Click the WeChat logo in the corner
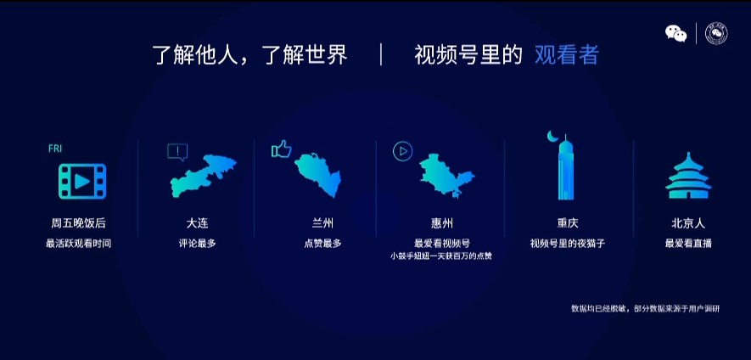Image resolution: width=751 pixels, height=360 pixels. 675,33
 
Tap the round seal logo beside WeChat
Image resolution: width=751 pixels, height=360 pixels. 716,33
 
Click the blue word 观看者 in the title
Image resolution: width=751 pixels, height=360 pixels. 566,55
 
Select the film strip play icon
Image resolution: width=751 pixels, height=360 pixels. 82,181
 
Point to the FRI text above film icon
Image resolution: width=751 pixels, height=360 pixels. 55,149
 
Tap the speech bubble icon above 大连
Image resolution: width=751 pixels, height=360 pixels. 177,152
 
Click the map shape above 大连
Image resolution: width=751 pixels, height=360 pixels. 203,177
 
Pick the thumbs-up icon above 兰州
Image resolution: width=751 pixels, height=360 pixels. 281,149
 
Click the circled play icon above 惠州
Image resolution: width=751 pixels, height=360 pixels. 402,151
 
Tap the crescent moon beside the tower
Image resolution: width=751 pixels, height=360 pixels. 553,137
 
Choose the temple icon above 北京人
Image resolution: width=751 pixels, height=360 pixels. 688,177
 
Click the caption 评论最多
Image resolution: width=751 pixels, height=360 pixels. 198,243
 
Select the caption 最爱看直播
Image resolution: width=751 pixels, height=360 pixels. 688,243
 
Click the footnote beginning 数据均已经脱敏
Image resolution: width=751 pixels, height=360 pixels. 645,308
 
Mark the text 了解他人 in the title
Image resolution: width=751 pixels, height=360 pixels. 188,55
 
